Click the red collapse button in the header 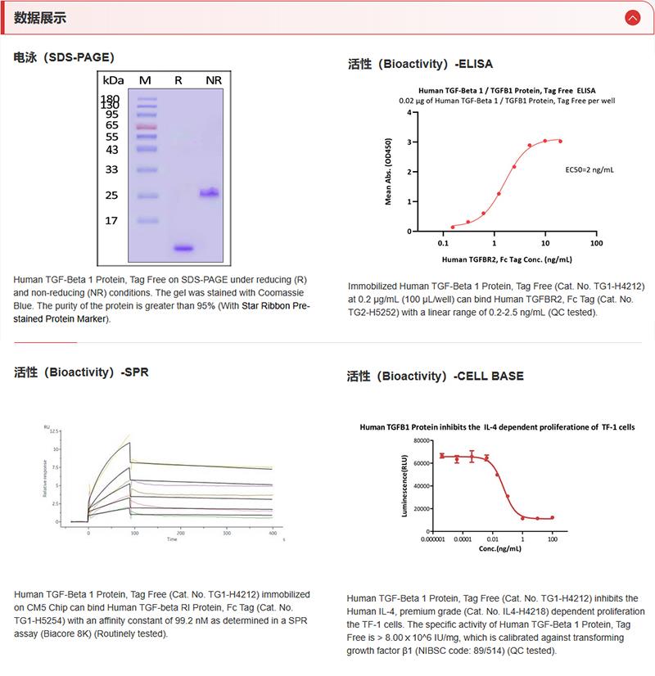pyautogui.click(x=631, y=16)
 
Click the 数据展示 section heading pyautogui.click(x=40, y=17)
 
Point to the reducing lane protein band pyautogui.click(x=182, y=247)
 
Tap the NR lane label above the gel pyautogui.click(x=214, y=79)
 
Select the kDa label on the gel pyautogui.click(x=113, y=80)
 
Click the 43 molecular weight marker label pyautogui.click(x=112, y=150)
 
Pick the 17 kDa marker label pyautogui.click(x=112, y=220)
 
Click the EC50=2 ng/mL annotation pyautogui.click(x=589, y=169)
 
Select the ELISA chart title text pyautogui.click(x=507, y=90)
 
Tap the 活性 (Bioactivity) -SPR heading pyautogui.click(x=81, y=372)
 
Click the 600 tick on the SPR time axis pyautogui.click(x=272, y=533)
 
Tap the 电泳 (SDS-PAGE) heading pyautogui.click(x=64, y=57)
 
